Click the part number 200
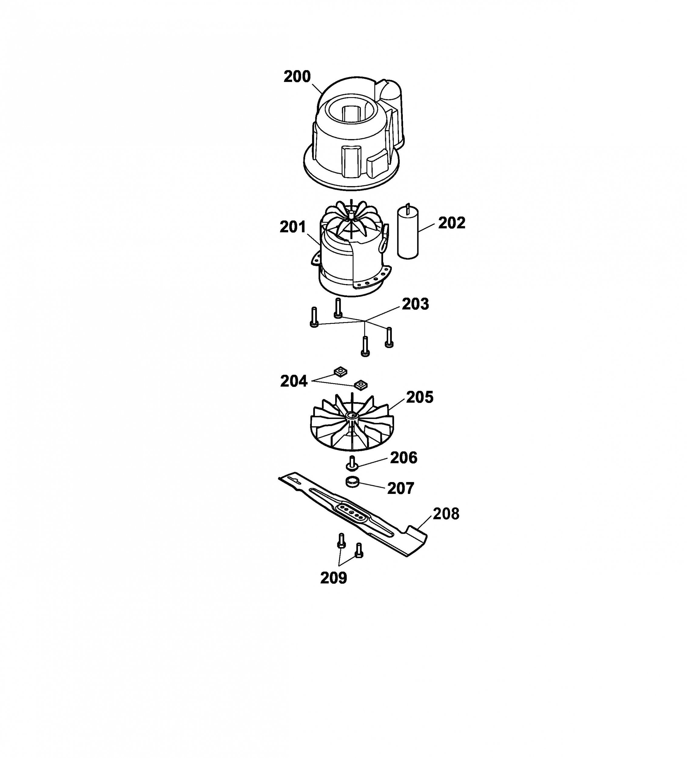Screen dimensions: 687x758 297,77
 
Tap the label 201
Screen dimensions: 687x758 293,227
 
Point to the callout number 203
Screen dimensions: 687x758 415,304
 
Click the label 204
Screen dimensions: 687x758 294,381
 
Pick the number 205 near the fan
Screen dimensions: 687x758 420,397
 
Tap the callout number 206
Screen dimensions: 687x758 404,458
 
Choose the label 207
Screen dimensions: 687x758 401,488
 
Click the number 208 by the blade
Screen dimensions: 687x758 446,514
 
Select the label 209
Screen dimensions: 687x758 334,578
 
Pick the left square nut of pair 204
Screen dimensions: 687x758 341,371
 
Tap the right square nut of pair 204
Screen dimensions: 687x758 361,384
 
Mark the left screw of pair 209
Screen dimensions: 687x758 341,540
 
